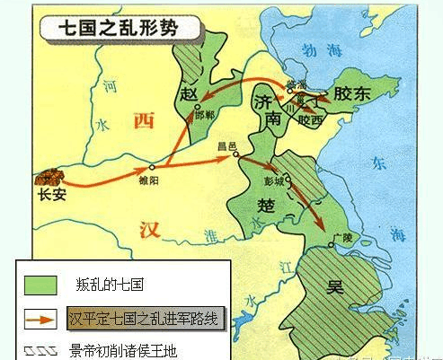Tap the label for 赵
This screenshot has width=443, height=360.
188,95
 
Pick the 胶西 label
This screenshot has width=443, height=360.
310,117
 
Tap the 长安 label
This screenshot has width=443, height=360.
52,193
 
